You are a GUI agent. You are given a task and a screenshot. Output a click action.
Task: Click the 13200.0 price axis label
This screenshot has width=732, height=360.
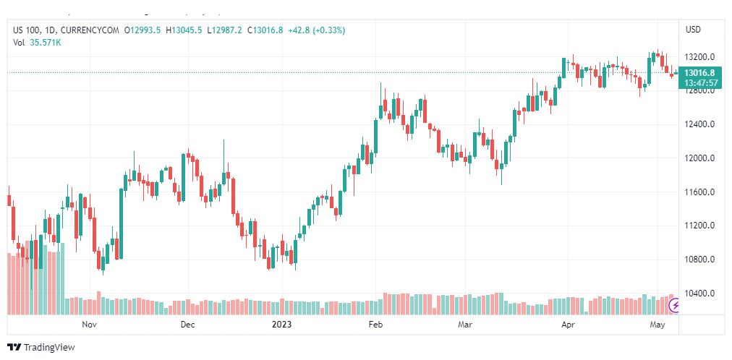pos(699,56)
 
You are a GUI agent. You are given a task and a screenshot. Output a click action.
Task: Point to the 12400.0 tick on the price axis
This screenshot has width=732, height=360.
pos(699,124)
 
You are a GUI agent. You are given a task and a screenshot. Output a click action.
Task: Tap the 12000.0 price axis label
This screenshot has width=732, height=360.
pos(699,158)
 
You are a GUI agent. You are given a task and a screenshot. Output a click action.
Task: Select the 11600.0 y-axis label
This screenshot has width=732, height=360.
pos(699,192)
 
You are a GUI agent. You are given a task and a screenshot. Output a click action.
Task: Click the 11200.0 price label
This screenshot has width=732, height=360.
pos(699,226)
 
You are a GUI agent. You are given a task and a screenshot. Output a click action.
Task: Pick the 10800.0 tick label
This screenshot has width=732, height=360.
pos(699,260)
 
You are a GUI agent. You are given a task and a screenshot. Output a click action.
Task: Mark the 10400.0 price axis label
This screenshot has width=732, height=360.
pos(699,293)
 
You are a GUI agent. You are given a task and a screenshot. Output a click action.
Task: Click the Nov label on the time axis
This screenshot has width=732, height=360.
pos(89,325)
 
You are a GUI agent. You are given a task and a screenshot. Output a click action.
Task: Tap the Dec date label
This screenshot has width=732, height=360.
pos(187,325)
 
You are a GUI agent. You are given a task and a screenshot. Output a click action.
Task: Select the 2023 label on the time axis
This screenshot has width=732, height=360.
pos(282,325)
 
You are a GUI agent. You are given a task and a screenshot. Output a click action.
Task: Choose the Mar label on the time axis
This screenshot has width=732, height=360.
pos(465,325)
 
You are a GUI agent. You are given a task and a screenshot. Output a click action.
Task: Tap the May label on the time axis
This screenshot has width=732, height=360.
pos(657,325)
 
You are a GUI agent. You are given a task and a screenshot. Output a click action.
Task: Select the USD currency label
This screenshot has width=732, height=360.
pos(693,30)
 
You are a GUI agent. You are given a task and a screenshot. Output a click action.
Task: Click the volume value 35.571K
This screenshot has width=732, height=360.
pos(45,42)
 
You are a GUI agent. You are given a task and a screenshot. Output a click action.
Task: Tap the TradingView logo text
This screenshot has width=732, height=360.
pos(49,348)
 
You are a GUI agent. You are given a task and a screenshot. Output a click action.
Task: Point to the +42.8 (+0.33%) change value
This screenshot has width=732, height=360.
pos(316,30)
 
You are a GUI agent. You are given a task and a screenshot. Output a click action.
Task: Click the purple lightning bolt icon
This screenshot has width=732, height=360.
pos(675,306)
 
